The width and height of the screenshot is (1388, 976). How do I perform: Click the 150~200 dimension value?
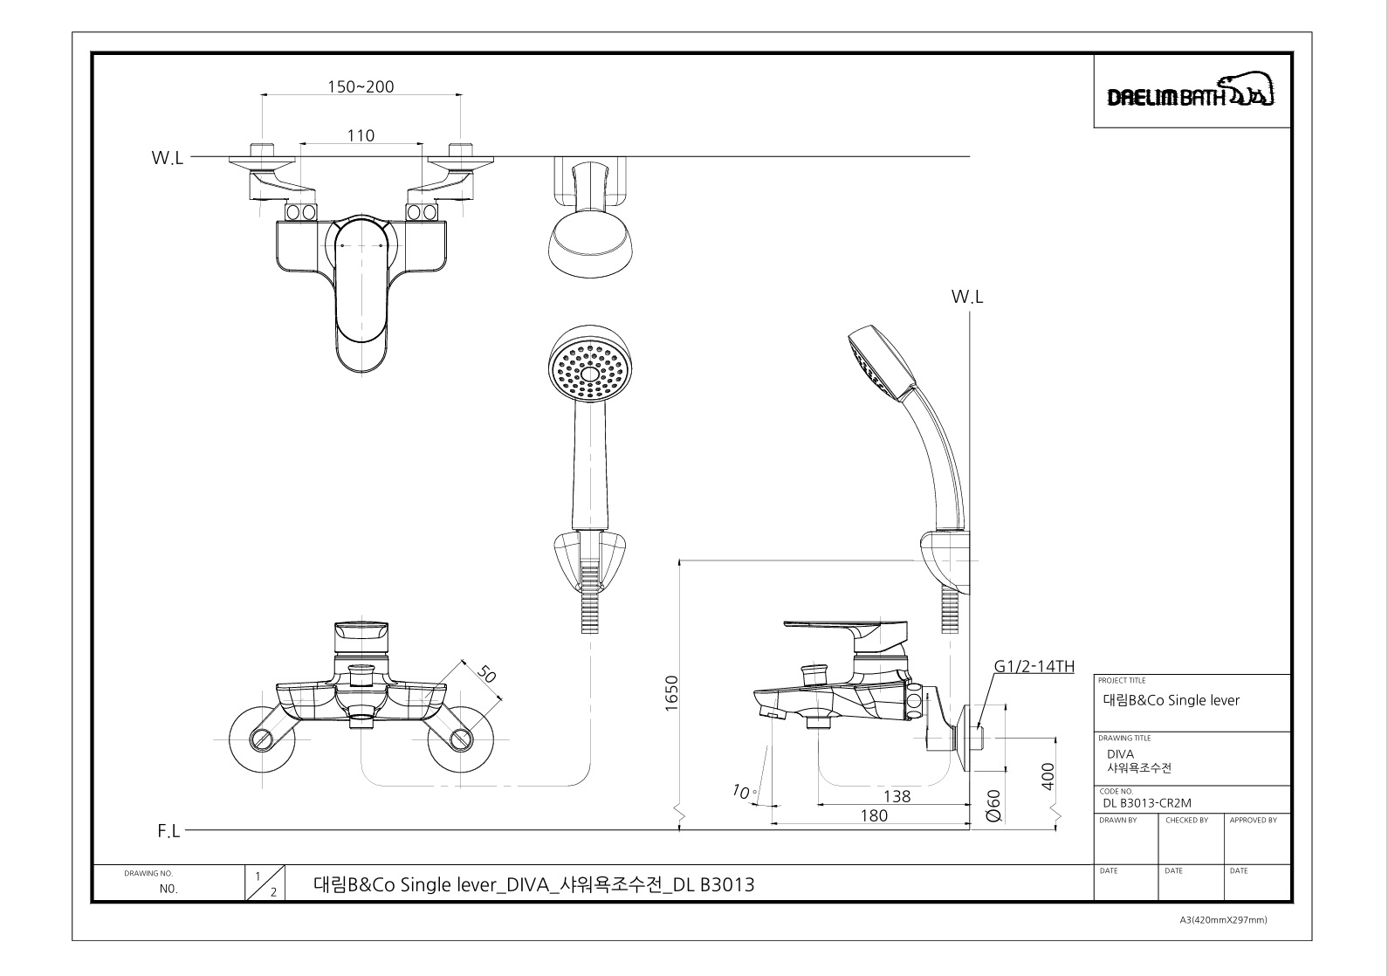tap(361, 86)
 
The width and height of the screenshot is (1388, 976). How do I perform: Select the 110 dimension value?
tap(361, 135)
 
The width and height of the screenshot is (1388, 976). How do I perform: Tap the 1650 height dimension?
tap(671, 693)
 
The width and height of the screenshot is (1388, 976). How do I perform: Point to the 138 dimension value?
tap(897, 796)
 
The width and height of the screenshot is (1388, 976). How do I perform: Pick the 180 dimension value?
tap(874, 815)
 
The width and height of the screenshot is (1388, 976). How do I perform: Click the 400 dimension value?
tap(1048, 776)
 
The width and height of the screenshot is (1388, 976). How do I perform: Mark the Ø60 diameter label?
tap(993, 806)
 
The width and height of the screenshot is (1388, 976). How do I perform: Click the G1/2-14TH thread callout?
tap(1034, 666)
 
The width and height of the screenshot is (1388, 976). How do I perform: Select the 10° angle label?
tap(744, 791)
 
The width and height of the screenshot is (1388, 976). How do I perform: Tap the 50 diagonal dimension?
tap(487, 674)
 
